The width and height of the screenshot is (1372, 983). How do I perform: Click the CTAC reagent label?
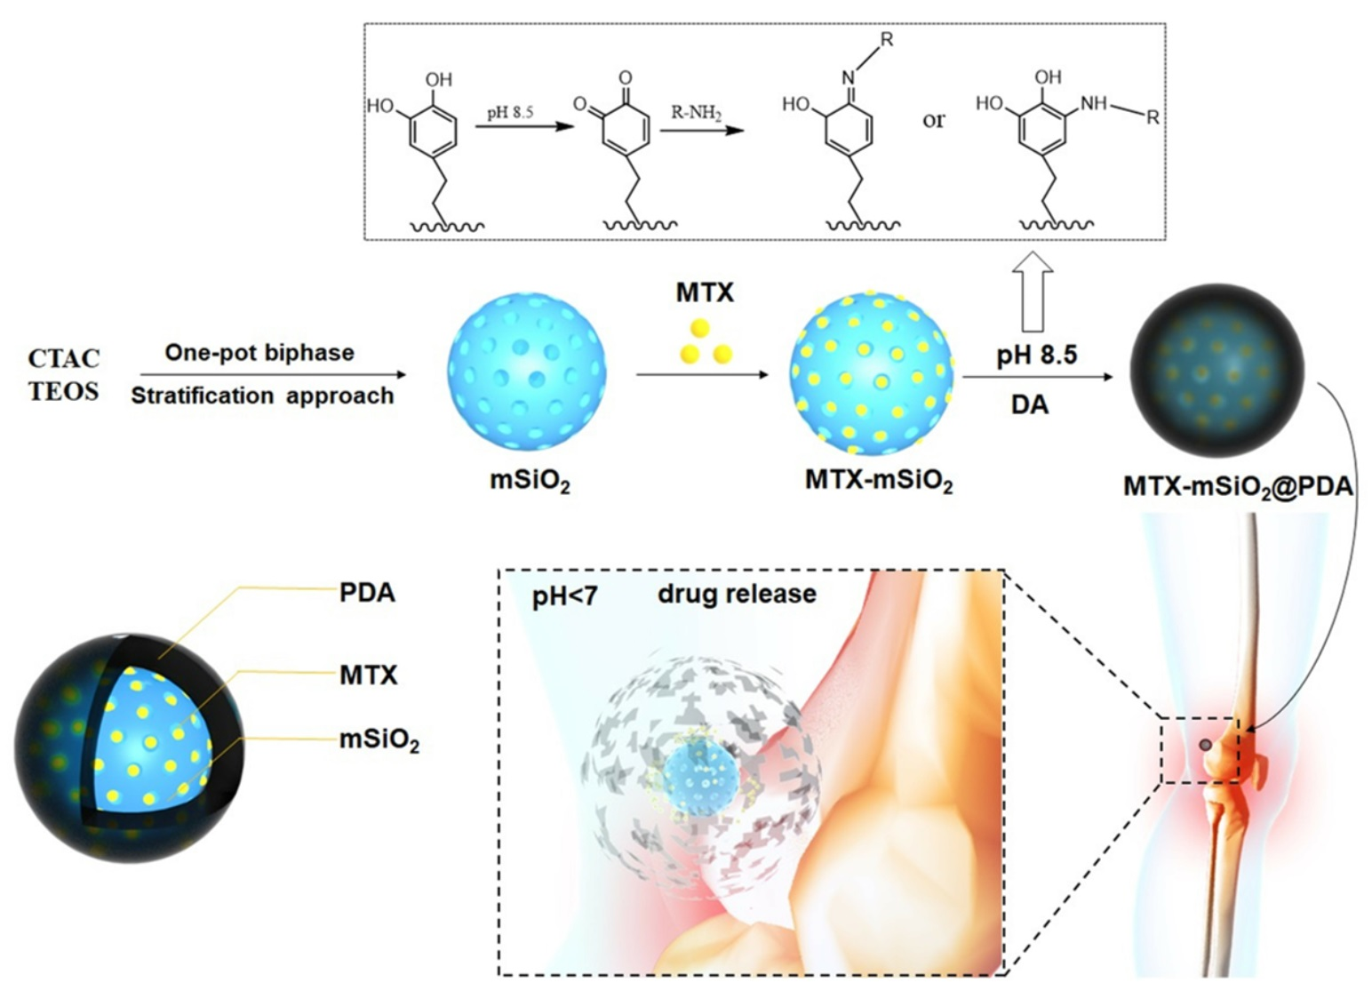coord(64,359)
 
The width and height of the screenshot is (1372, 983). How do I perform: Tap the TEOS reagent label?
coord(64,391)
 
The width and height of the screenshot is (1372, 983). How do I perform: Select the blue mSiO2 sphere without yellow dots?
coord(527,370)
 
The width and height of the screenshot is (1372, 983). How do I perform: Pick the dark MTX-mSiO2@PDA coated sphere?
coord(1216,372)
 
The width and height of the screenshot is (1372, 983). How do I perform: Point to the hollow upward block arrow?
coord(1032,292)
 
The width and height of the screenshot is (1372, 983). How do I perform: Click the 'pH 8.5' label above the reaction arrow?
coord(1036,356)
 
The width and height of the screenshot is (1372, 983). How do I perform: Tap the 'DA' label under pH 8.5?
coord(1030,404)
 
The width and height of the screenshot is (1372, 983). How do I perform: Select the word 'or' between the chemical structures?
coord(933,119)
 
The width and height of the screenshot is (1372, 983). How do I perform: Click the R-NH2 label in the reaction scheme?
coord(696,113)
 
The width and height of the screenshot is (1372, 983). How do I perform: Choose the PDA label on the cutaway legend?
coord(367,593)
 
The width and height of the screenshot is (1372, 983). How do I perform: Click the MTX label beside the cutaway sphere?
coord(368,675)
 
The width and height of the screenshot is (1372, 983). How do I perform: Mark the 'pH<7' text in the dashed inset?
coord(565,596)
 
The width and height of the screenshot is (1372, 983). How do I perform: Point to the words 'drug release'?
coord(737,594)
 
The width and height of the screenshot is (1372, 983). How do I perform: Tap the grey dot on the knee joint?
coord(1206,744)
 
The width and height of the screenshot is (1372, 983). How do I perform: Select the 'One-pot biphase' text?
coord(259,353)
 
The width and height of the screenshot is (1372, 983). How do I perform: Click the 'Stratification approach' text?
coord(262,396)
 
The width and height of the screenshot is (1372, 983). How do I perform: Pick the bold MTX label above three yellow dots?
coord(705,292)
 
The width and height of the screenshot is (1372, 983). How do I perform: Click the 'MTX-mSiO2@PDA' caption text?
coord(1238,486)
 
